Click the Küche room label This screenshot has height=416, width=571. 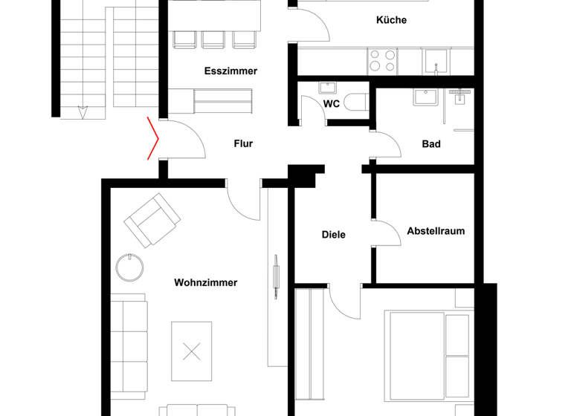(x=391, y=20)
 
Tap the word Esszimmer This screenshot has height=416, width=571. (x=230, y=71)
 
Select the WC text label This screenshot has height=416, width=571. (x=332, y=104)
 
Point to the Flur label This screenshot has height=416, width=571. (x=243, y=143)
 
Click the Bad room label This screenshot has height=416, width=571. (x=431, y=143)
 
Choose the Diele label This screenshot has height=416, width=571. (x=333, y=235)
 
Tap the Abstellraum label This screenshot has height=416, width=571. (x=436, y=231)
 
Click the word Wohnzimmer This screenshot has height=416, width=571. (x=206, y=282)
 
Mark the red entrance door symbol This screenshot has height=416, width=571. (x=152, y=139)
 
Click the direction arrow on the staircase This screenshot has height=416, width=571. (x=83, y=111)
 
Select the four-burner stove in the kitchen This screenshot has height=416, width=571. (x=382, y=59)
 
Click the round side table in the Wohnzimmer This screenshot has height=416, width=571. (x=131, y=267)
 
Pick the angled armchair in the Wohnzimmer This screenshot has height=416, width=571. (x=152, y=220)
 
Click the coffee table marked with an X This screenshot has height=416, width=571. (x=192, y=351)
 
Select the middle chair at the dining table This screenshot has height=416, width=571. (x=212, y=39)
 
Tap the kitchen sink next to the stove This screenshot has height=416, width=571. (x=435, y=60)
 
